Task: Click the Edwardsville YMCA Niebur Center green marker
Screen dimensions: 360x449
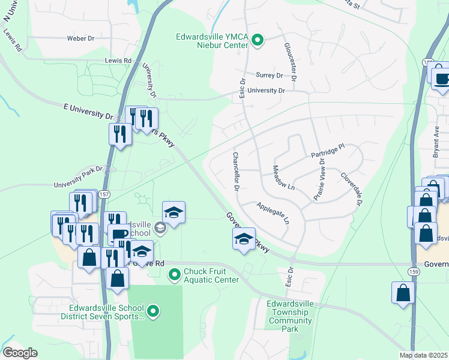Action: pyautogui.click(x=258, y=41)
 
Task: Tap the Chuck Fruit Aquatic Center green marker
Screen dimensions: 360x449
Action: pyautogui.click(x=174, y=275)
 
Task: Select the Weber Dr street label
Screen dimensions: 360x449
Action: pyautogui.click(x=81, y=38)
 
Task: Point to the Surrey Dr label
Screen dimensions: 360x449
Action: pyautogui.click(x=269, y=75)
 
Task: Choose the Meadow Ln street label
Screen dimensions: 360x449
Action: pyautogui.click(x=284, y=178)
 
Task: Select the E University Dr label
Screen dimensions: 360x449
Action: pyautogui.click(x=88, y=110)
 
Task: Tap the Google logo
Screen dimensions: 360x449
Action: pyautogui.click(x=20, y=353)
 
